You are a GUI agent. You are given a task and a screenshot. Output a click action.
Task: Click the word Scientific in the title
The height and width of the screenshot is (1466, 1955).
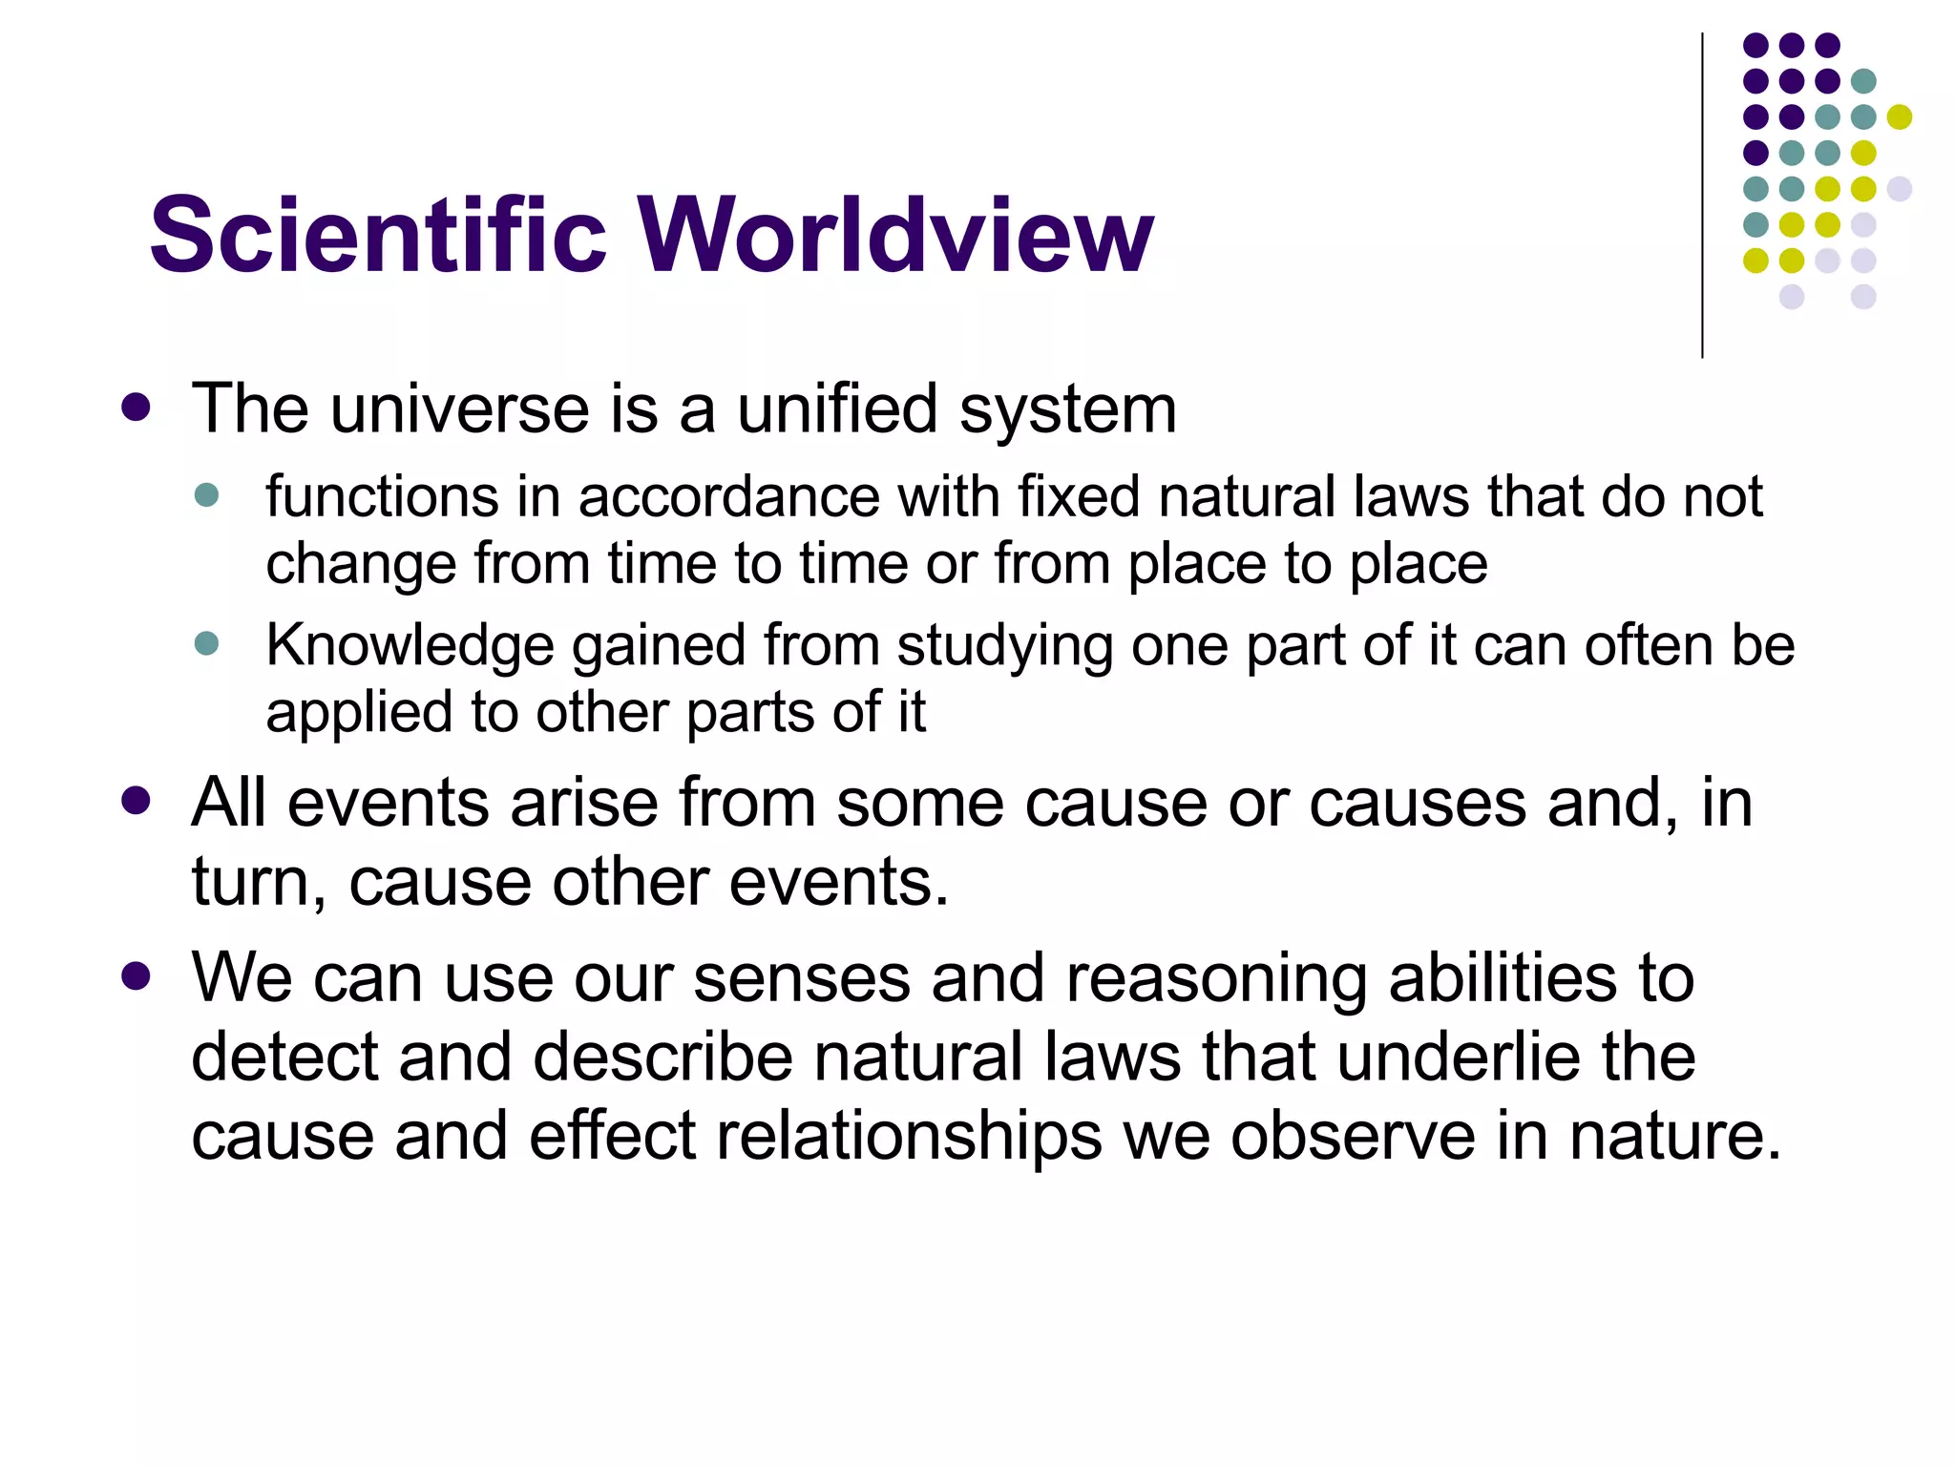point(378,236)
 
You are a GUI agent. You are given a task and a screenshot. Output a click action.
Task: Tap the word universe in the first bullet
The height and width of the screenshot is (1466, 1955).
point(461,409)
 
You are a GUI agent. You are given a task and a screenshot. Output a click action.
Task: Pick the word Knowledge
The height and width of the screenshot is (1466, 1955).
point(410,646)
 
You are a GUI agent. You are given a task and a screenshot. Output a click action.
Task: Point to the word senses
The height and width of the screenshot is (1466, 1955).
point(801,979)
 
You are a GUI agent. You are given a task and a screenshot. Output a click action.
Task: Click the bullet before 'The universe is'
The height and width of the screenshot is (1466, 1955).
point(137,408)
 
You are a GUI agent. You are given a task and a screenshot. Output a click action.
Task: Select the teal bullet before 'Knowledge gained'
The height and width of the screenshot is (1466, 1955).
point(206,643)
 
